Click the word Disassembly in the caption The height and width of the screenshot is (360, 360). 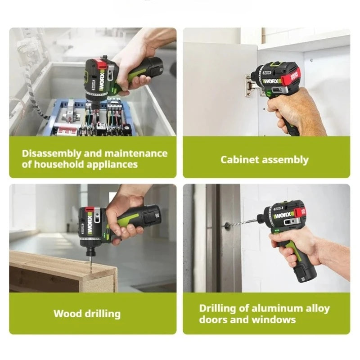[x=51, y=154]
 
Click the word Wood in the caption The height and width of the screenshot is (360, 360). [x=67, y=314]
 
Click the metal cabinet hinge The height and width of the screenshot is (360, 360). [x=250, y=86]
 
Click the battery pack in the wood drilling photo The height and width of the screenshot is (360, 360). [x=151, y=216]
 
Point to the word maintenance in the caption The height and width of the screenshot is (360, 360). [x=136, y=153]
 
